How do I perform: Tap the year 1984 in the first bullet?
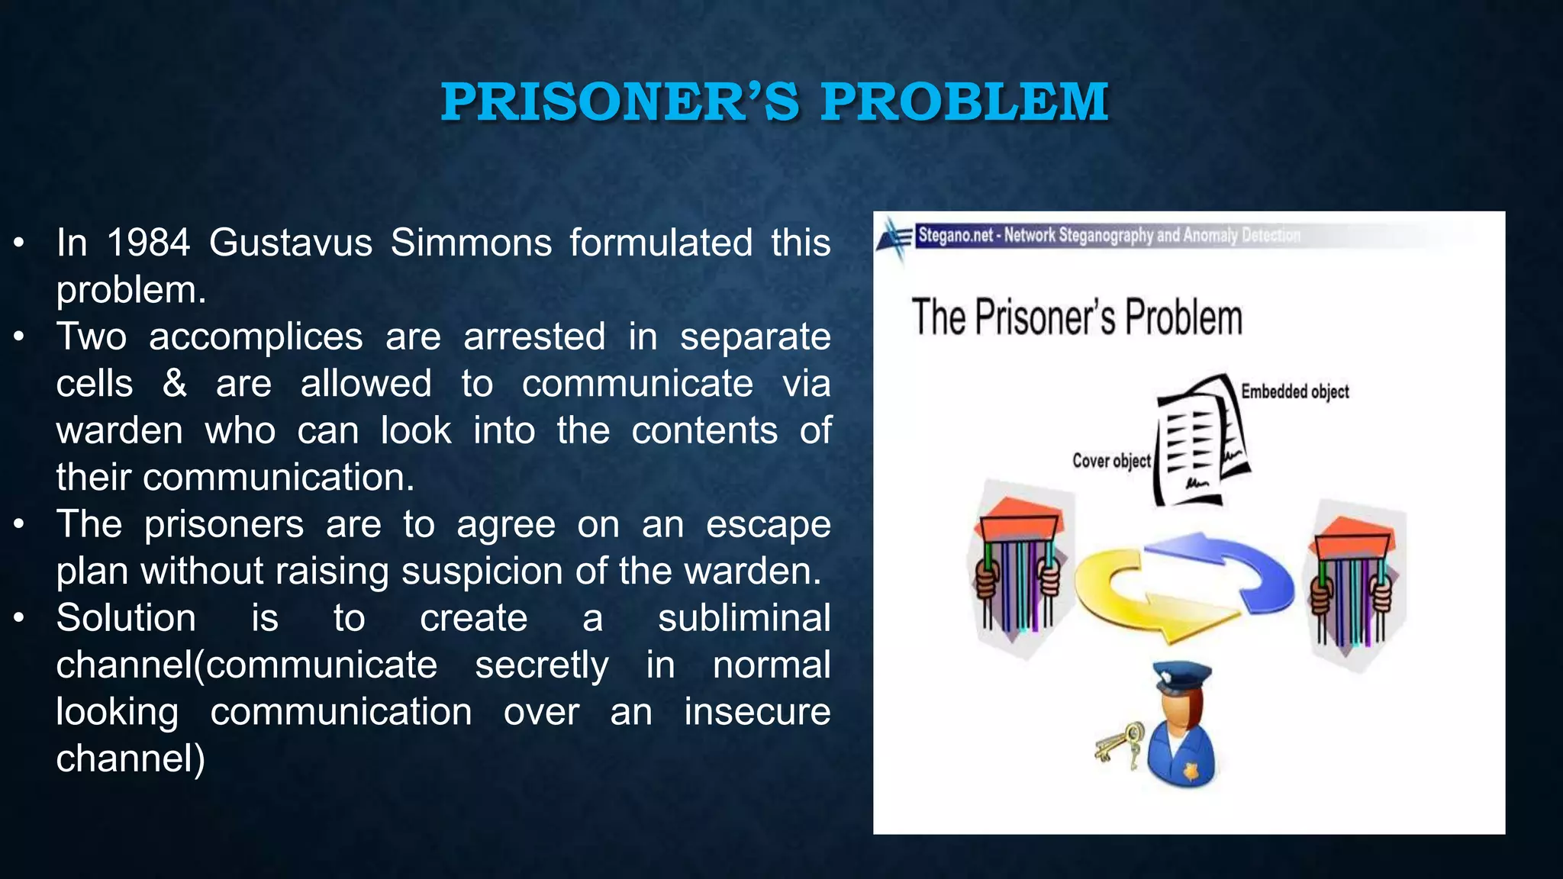(x=148, y=243)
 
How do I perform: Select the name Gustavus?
(x=291, y=243)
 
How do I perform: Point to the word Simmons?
(x=471, y=243)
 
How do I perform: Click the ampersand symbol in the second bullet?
(x=175, y=383)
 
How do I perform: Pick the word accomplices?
(x=256, y=336)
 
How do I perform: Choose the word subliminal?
(x=744, y=618)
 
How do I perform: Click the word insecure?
(x=757, y=712)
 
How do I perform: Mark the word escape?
(x=768, y=524)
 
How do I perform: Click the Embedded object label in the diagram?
(x=1295, y=391)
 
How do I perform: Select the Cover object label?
(x=1111, y=461)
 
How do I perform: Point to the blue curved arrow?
(x=1236, y=565)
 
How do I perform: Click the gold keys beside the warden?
(x=1119, y=743)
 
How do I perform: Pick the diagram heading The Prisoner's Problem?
(x=1077, y=317)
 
